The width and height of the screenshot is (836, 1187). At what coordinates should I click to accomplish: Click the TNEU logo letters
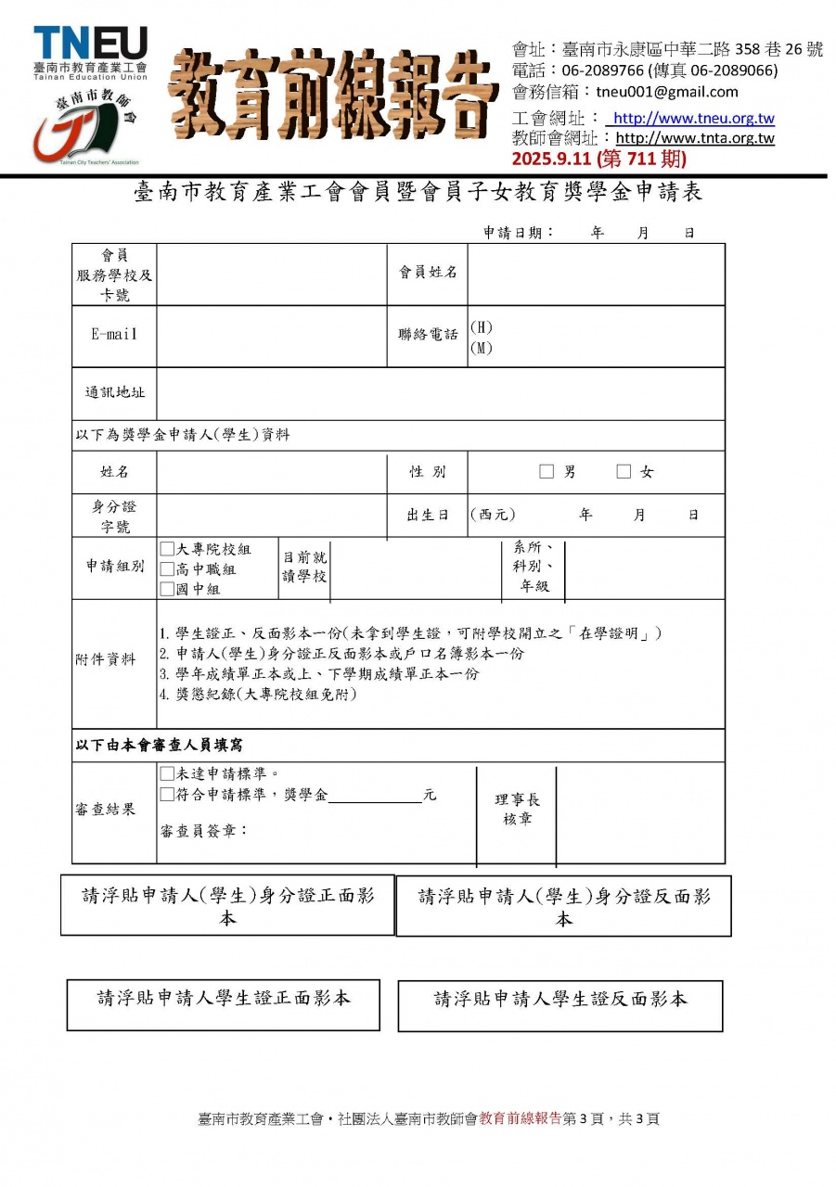pyautogui.click(x=90, y=44)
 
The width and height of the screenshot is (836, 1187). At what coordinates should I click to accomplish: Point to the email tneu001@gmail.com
pyautogui.click(x=667, y=92)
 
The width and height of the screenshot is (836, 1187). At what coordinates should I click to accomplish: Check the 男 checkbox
pyautogui.click(x=547, y=472)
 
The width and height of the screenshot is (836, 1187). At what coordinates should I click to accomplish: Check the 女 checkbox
pyautogui.click(x=624, y=472)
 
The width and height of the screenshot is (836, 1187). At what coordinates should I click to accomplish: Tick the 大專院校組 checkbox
pyautogui.click(x=167, y=549)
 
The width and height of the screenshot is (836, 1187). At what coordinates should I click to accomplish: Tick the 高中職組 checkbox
pyautogui.click(x=167, y=568)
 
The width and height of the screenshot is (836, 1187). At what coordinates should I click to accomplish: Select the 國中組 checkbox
pyautogui.click(x=167, y=588)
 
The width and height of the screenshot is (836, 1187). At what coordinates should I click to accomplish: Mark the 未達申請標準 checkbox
pyautogui.click(x=167, y=773)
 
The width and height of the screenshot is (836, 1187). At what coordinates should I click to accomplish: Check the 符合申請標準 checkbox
pyautogui.click(x=167, y=794)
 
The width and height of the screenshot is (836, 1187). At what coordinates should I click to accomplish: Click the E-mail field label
pyautogui.click(x=114, y=335)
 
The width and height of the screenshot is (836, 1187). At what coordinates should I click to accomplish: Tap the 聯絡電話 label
pyautogui.click(x=428, y=335)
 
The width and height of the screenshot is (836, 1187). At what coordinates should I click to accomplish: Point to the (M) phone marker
pyautogui.click(x=481, y=349)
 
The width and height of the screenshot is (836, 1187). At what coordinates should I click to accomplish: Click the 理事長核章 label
pyautogui.click(x=517, y=810)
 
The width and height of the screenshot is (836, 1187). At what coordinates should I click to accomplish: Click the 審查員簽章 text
pyautogui.click(x=204, y=830)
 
